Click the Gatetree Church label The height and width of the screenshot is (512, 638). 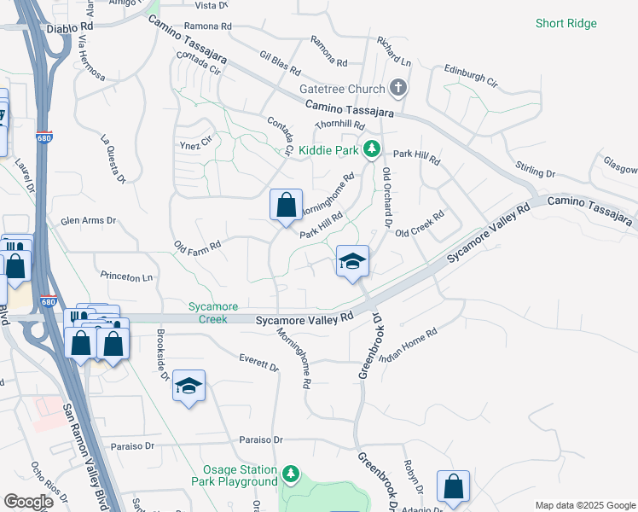coord(341,89)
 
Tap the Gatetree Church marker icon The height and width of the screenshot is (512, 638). coord(397,87)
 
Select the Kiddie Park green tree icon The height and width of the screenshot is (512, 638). coord(371,149)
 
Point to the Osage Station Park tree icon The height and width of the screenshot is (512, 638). coord(291,473)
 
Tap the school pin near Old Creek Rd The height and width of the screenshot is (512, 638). coord(352,261)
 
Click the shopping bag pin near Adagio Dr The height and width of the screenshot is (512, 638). coord(454,486)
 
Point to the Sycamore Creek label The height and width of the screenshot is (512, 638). coord(210,312)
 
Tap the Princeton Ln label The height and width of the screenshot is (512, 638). coord(126,276)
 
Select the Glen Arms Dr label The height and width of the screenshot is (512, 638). coord(88,220)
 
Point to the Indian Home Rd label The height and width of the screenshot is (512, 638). coord(408,346)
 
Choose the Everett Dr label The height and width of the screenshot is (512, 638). coord(259,362)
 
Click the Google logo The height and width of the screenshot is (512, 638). coord(29,502)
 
